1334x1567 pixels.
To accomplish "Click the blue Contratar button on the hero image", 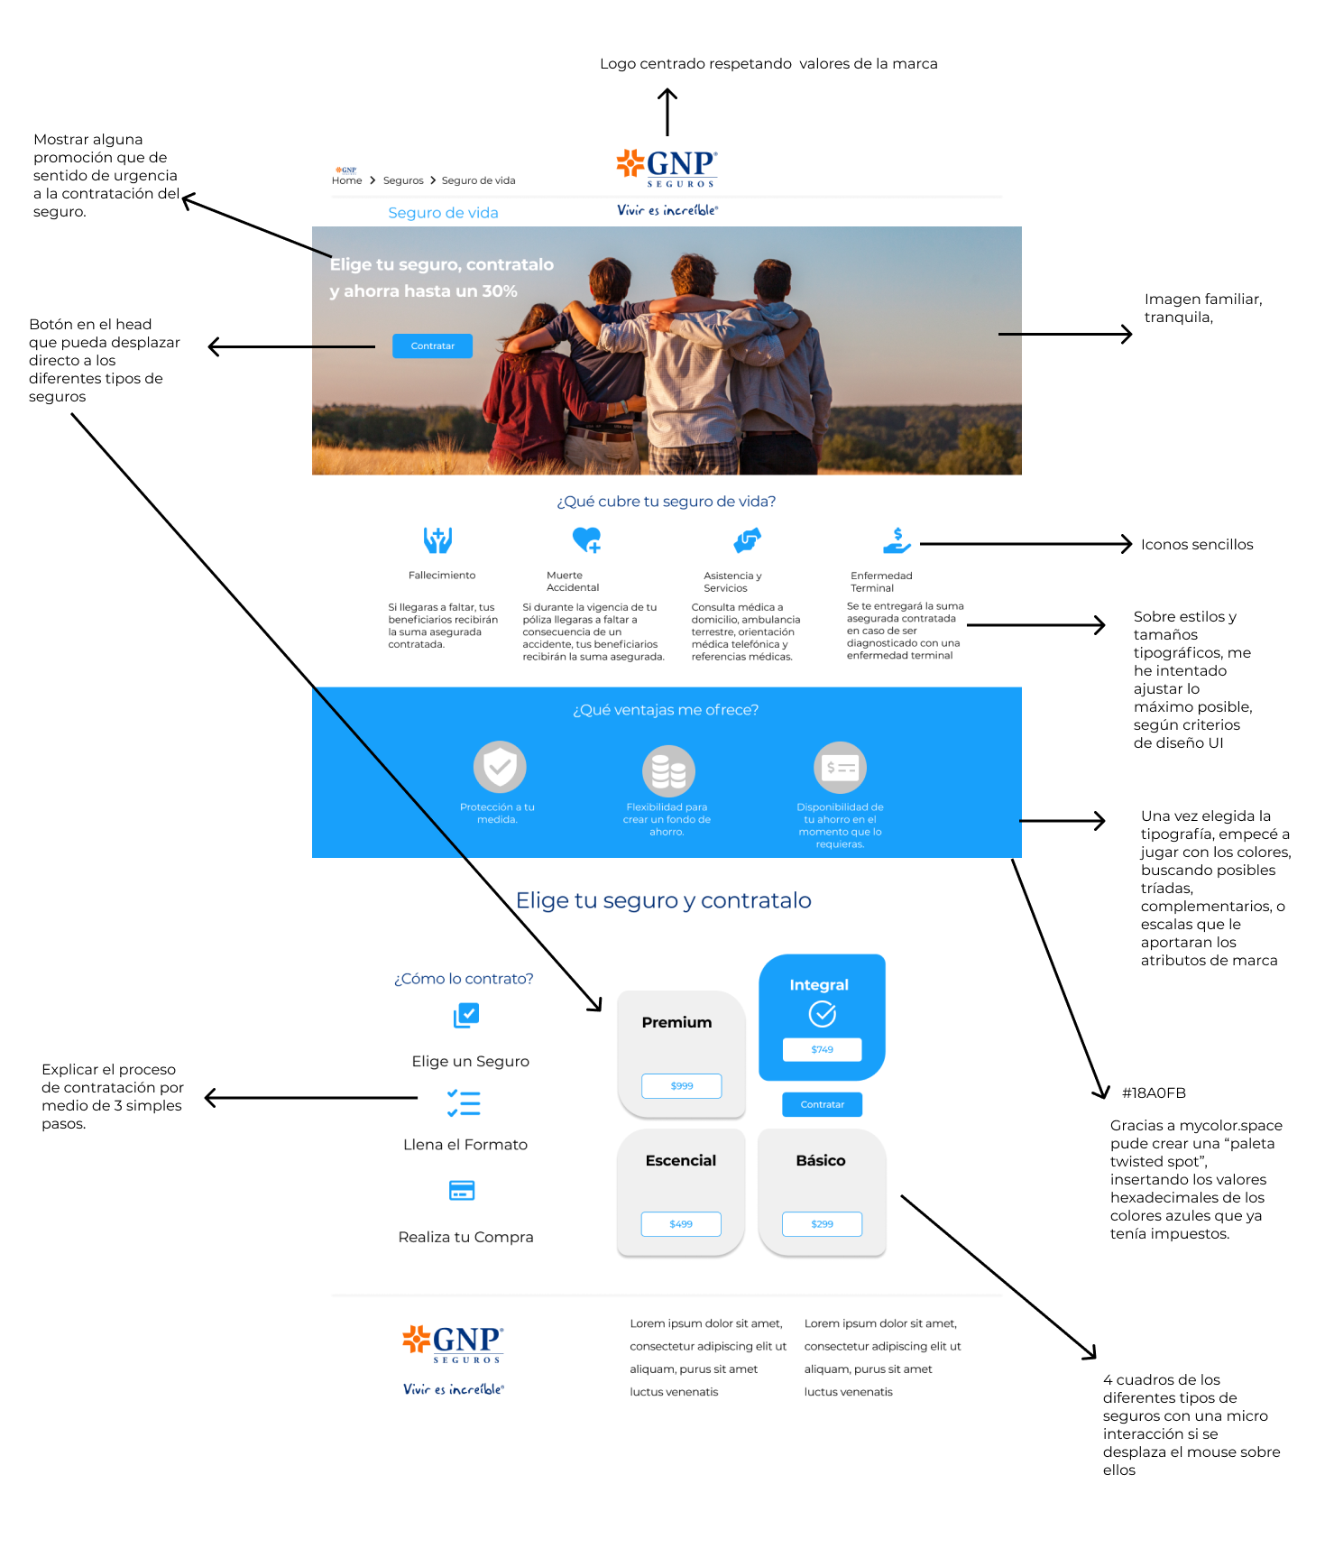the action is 432,346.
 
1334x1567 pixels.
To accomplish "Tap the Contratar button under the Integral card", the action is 823,1104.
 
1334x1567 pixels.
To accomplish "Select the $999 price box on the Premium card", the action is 682,1086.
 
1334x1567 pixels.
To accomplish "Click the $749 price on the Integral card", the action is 823,1049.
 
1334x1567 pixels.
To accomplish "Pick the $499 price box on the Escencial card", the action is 681,1224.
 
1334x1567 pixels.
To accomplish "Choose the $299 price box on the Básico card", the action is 823,1224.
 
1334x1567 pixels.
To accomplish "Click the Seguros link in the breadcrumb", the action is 403,180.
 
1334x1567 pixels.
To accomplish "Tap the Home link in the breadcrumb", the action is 346,180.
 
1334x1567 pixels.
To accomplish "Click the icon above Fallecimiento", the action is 438,540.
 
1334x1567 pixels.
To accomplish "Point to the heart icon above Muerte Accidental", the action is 587,539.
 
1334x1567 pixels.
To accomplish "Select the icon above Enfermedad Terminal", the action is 897,540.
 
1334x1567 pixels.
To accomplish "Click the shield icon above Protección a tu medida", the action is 500,768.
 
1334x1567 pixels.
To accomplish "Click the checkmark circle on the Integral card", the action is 823,1014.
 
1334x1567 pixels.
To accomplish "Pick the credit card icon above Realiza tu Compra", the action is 462,1190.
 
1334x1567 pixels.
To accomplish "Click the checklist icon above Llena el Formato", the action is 464,1103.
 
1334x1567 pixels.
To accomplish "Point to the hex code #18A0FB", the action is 1154,1092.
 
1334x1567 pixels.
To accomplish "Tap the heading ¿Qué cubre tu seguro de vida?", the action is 667,502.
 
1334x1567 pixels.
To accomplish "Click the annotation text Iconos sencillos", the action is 1197,544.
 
